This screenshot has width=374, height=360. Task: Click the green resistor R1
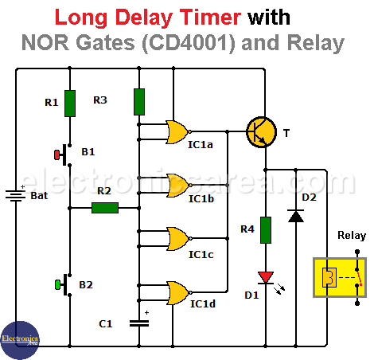click(x=70, y=104)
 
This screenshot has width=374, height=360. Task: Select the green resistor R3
click(x=139, y=102)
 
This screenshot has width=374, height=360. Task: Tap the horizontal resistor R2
click(x=105, y=208)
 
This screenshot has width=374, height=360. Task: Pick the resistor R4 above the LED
click(x=266, y=230)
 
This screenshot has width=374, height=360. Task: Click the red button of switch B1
click(x=56, y=155)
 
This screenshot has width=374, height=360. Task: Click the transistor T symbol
click(x=261, y=132)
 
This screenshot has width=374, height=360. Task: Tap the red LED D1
click(x=266, y=278)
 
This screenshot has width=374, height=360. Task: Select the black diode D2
click(x=296, y=216)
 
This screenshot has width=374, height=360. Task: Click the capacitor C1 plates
click(x=139, y=323)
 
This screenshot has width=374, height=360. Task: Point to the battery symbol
click(x=16, y=195)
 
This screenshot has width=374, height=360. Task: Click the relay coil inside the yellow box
click(x=329, y=277)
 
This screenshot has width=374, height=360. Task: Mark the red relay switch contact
click(x=359, y=277)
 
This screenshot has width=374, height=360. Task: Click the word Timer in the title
click(x=210, y=18)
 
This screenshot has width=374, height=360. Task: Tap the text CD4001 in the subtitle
click(x=189, y=43)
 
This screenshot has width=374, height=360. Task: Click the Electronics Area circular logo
click(x=20, y=340)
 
